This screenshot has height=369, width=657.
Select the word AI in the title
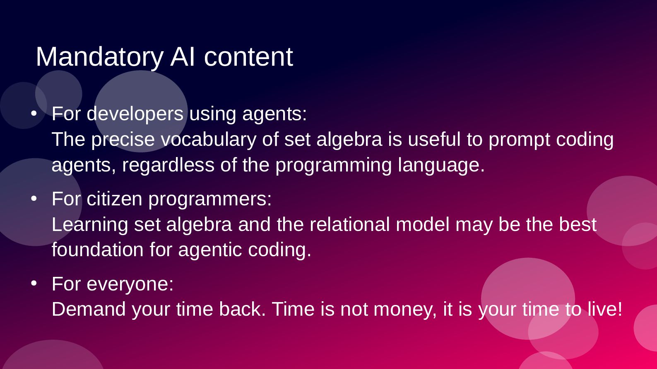(183, 57)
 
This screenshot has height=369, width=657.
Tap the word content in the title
(248, 57)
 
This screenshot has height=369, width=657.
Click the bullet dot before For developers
(34, 113)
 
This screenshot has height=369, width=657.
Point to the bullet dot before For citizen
(34, 199)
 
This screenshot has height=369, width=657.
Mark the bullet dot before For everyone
(34, 283)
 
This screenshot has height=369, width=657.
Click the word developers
(135, 114)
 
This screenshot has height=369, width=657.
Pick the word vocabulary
(209, 140)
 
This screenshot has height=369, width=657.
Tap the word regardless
(168, 165)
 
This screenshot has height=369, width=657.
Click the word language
(441, 165)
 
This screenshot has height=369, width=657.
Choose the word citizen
(114, 199)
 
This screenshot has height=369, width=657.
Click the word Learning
(90, 225)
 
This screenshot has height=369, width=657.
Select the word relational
(350, 225)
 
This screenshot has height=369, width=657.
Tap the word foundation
(98, 250)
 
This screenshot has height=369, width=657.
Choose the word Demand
(89, 309)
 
